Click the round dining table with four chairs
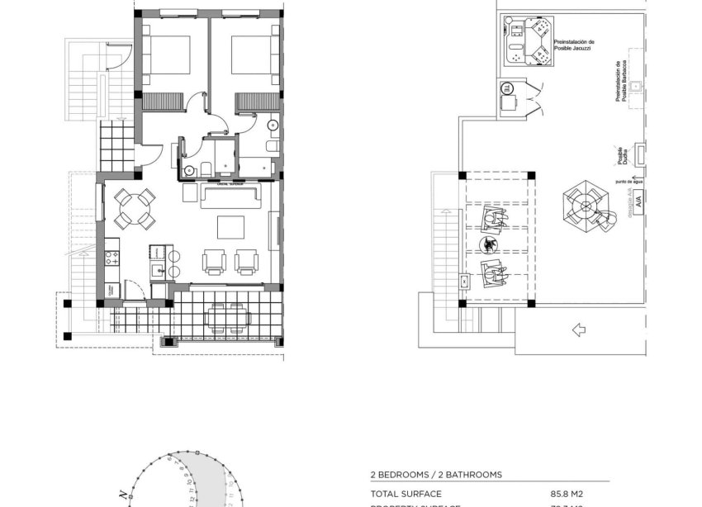pyautogui.click(x=134, y=209)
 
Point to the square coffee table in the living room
pyautogui.click(x=230, y=227)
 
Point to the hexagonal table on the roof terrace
pyautogui.click(x=586, y=202)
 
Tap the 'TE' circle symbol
pyautogui.click(x=506, y=88)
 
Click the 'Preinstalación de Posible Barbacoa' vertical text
pyautogui.click(x=623, y=83)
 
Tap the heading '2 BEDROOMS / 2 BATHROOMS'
pyautogui.click(x=435, y=475)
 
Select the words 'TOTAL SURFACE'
pyautogui.click(x=405, y=494)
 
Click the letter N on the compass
pyautogui.click(x=122, y=494)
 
